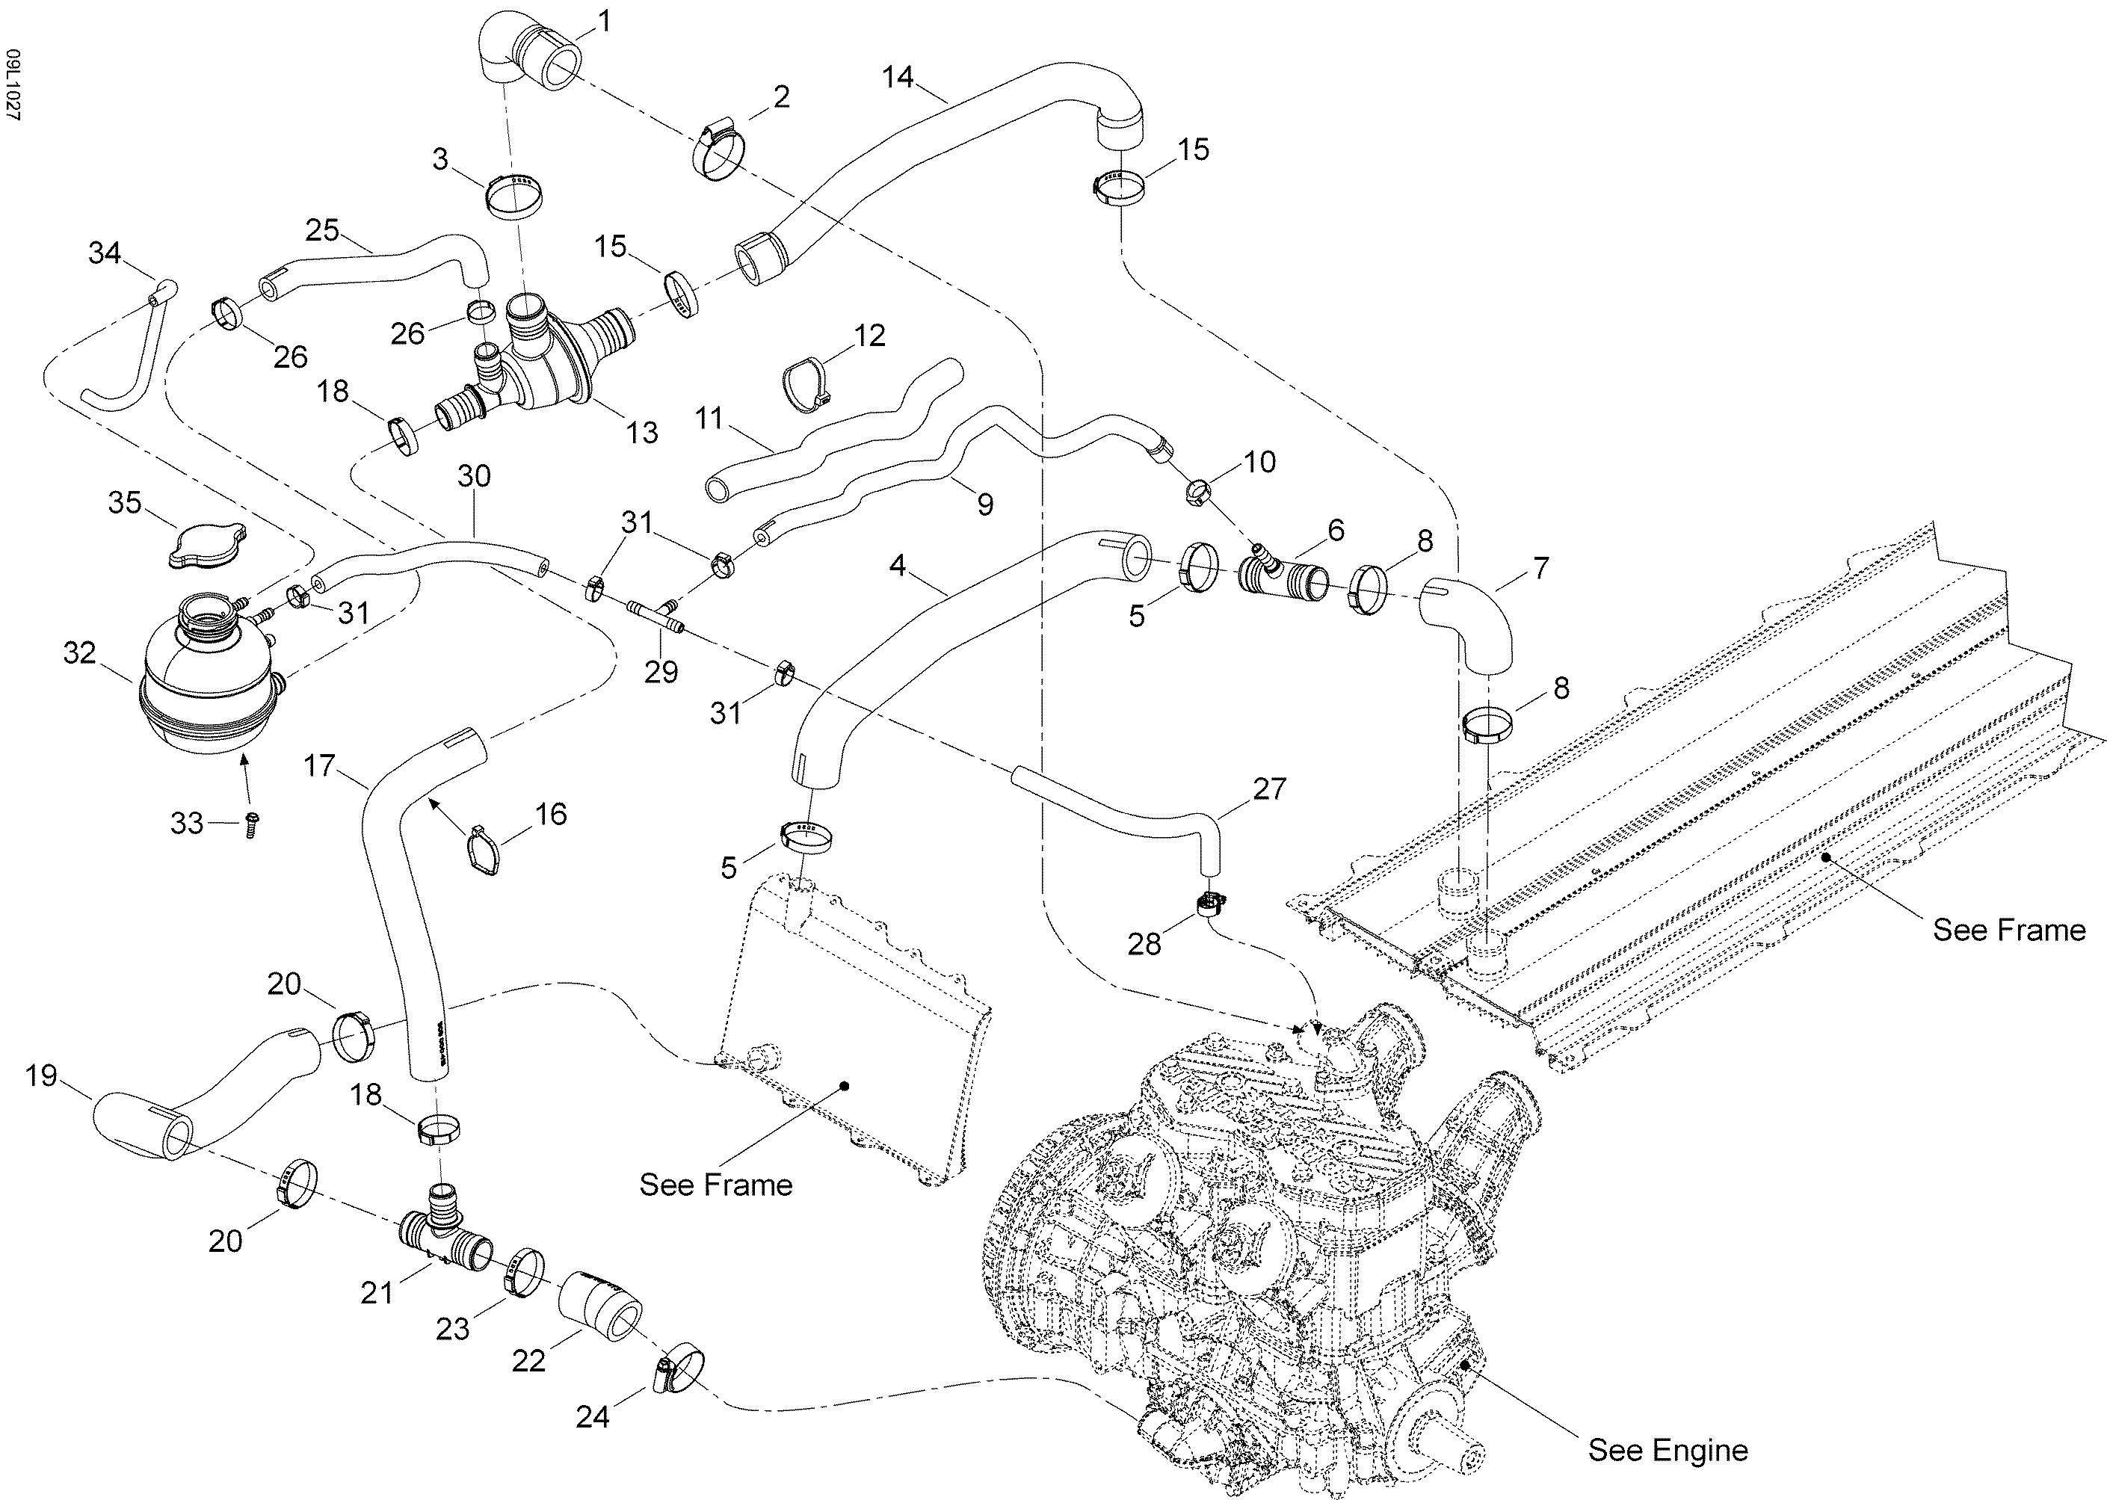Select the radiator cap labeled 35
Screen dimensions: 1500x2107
(x=208, y=543)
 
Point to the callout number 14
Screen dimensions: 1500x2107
(x=897, y=77)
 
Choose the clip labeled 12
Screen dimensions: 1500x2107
(x=806, y=383)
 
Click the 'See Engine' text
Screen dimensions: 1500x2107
(x=1668, y=1450)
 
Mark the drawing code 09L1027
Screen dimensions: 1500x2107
(x=13, y=85)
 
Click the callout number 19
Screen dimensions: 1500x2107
(x=42, y=1076)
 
